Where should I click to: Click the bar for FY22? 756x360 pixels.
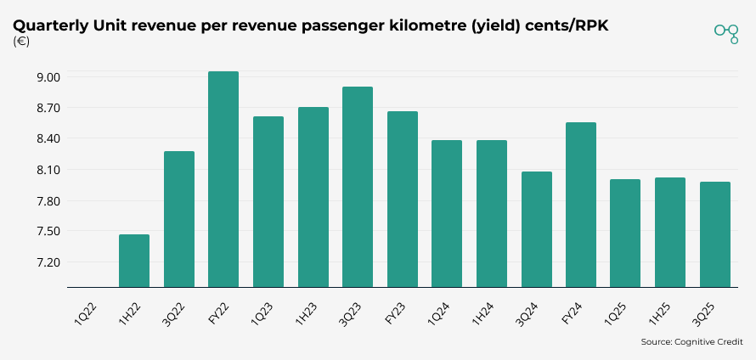tap(223, 179)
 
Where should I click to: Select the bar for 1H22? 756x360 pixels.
tap(134, 261)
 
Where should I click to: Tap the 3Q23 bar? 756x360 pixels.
tap(358, 187)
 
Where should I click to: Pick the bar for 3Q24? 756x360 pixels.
tap(537, 229)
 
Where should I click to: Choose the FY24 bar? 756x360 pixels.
tap(581, 205)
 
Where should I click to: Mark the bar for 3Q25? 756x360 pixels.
tap(715, 234)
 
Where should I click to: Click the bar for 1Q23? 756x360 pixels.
tap(268, 202)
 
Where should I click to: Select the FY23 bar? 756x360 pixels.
tap(403, 200)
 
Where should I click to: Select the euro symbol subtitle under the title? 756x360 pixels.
tap(21, 42)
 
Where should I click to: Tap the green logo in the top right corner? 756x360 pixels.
tap(726, 33)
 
